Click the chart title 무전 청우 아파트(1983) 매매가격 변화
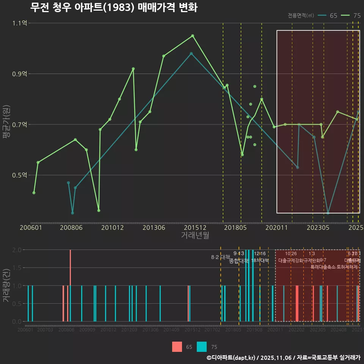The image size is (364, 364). coord(113,8)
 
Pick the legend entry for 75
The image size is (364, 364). coord(351,16)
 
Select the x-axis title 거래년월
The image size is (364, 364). coord(195,235)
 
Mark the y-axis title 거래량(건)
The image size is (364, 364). coord(6,286)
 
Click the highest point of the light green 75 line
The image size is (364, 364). coord(193,36)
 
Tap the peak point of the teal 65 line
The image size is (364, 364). coord(191,53)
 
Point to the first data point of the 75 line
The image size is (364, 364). coord(34,193)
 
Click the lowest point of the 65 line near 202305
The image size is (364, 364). coord(328,213)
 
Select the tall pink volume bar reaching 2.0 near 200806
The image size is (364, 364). coord(70,267)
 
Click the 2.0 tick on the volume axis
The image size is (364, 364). coord(17,250)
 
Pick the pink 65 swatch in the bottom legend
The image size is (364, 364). coord(177,347)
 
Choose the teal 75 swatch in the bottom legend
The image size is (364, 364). coord(202,347)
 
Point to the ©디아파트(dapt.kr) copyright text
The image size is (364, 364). coord(232,358)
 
